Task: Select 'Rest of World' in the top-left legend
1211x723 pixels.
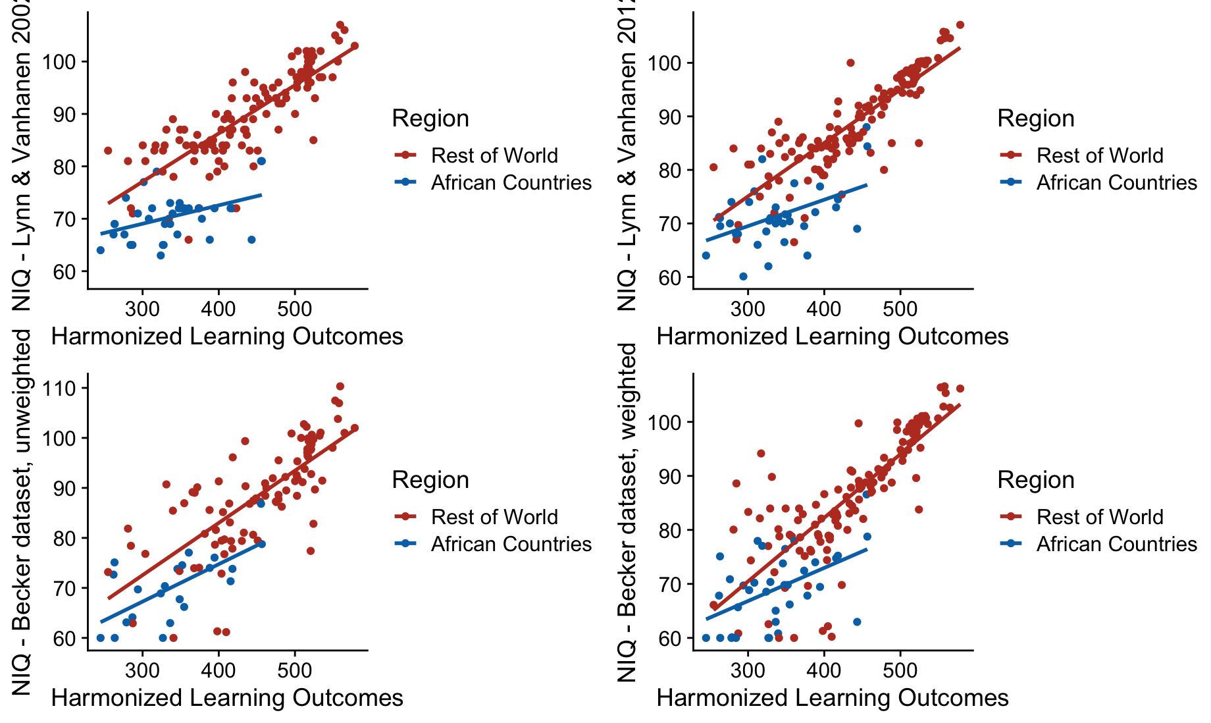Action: pyautogui.click(x=494, y=155)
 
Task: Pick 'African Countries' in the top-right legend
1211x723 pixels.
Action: pyautogui.click(x=1116, y=182)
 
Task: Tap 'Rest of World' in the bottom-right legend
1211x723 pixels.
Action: pyautogui.click(x=1100, y=517)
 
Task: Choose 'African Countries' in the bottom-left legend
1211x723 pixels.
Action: pyautogui.click(x=511, y=544)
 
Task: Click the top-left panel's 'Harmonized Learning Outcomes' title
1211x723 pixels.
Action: pyautogui.click(x=227, y=336)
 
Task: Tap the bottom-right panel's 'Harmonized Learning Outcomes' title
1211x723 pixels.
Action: pyautogui.click(x=833, y=698)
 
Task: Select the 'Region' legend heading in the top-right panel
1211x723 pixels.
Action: pyautogui.click(x=1036, y=119)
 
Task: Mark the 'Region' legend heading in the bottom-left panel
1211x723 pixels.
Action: pyautogui.click(x=430, y=480)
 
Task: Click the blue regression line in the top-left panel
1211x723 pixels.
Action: pyautogui.click(x=184, y=214)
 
